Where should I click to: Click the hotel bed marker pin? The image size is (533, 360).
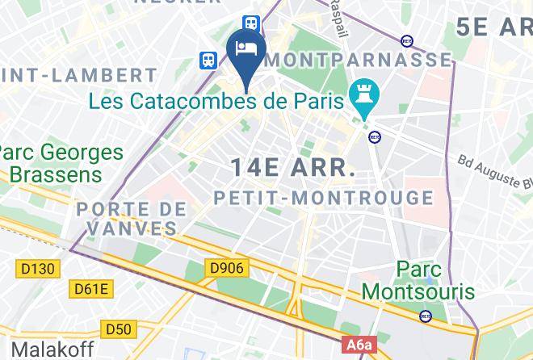click(244, 51)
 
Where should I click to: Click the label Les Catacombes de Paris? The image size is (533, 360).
click(216, 102)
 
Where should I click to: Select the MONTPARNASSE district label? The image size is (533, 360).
click(359, 60)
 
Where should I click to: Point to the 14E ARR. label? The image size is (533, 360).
click(293, 169)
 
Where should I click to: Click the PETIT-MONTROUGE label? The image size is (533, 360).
click(323, 198)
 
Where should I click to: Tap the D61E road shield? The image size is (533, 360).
click(92, 288)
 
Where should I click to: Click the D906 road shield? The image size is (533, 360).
click(225, 267)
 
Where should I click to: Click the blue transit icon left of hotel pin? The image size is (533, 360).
click(209, 59)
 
